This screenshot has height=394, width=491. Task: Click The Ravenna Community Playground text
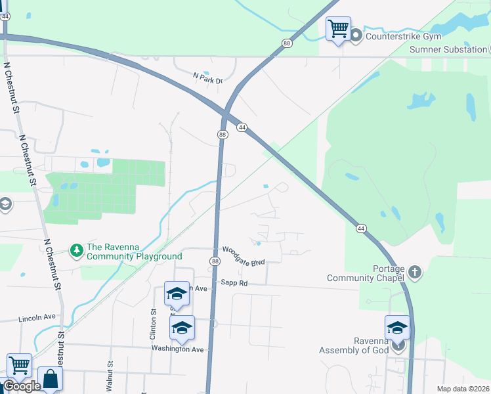134,251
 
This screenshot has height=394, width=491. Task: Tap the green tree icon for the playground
77,250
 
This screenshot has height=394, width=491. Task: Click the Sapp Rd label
234,283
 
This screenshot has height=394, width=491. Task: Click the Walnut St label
110,372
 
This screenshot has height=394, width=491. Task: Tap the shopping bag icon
50,378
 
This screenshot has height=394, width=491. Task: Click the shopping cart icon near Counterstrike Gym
338,28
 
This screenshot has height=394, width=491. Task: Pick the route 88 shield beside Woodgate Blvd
215,261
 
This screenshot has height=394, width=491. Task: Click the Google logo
22,386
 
